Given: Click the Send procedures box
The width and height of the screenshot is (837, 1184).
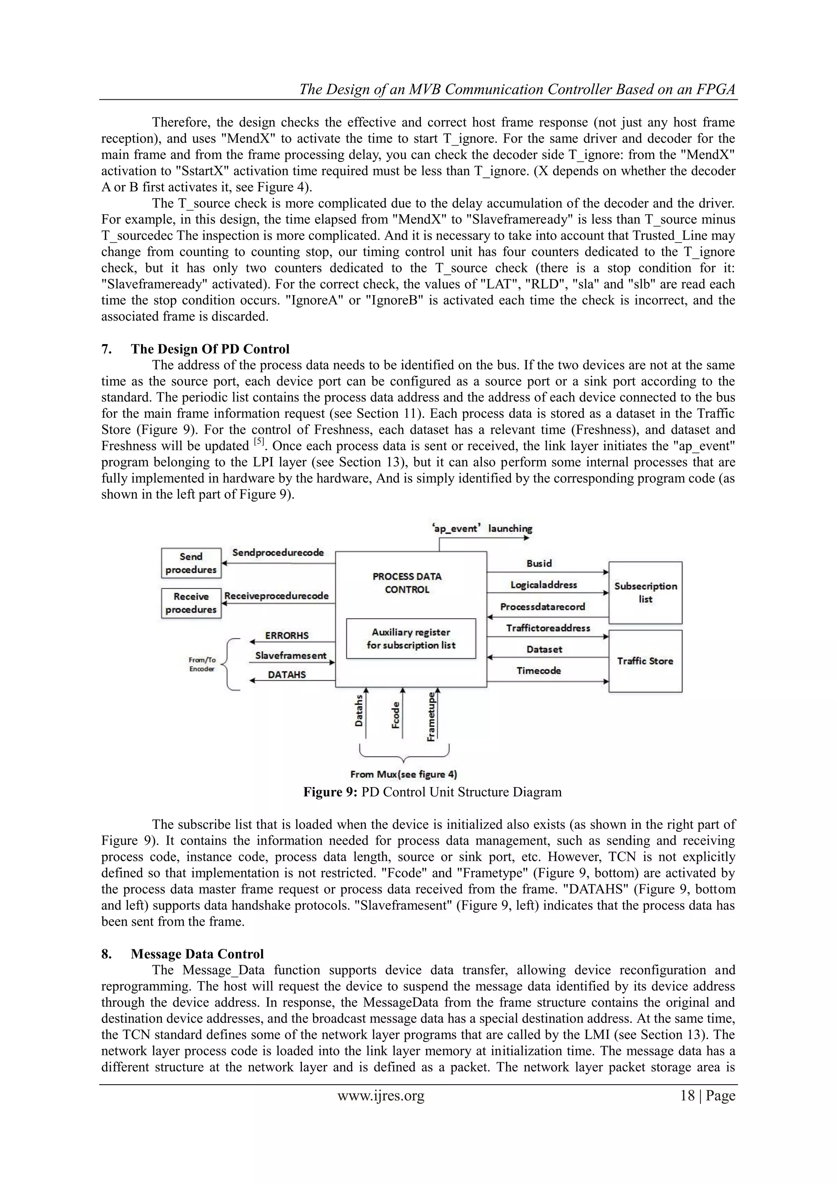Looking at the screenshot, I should (191, 563).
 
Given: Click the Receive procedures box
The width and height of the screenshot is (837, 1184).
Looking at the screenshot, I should (191, 603).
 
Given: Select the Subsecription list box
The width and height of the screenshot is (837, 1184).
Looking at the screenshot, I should (645, 592).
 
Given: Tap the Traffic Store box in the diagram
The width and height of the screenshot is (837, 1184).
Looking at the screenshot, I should (645, 661).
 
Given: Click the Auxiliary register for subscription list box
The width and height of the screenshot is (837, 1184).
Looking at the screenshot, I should (411, 639).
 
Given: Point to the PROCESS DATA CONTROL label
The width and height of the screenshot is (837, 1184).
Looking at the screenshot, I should (407, 583).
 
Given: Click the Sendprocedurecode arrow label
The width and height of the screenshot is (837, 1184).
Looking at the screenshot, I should (278, 552).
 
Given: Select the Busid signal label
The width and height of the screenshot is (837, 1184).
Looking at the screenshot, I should (539, 563).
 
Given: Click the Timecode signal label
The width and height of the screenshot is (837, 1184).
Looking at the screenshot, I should (539, 670).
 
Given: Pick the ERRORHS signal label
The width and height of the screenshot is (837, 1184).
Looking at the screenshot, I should (286, 635).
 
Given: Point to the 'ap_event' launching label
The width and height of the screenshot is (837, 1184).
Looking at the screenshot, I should (482, 528).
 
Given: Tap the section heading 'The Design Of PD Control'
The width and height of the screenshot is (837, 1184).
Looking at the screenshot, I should (210, 349).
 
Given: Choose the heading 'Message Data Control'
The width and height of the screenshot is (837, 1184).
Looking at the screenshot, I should (197, 954).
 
